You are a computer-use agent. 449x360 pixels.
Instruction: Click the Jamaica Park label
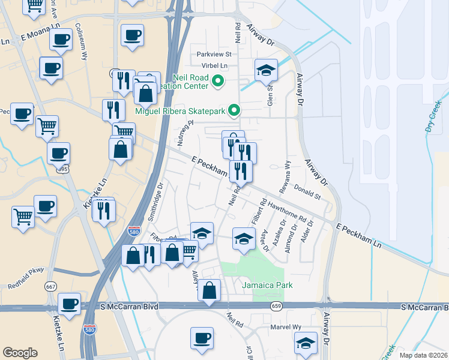click(267, 285)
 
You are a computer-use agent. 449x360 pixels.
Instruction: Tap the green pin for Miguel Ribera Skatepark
click(235, 110)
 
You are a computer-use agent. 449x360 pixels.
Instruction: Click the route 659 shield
click(276, 306)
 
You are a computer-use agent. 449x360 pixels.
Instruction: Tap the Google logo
click(20, 352)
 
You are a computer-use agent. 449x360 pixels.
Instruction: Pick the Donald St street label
click(307, 192)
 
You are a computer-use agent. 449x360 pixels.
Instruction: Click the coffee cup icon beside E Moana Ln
click(60, 40)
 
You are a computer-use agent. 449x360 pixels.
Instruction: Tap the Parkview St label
click(214, 54)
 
